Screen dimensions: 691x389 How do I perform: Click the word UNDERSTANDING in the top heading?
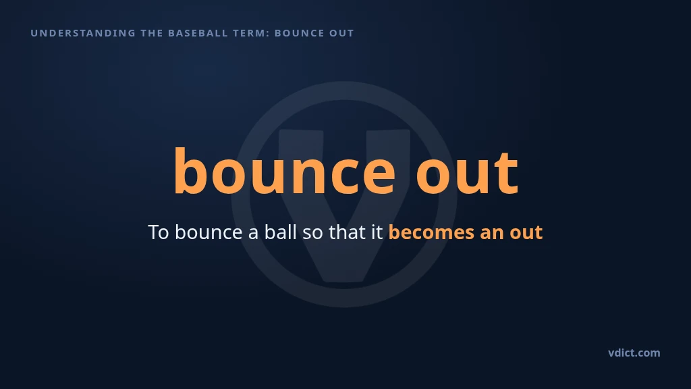point(83,33)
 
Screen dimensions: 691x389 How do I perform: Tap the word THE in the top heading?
point(152,33)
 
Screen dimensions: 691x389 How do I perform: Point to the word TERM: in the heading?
point(256,33)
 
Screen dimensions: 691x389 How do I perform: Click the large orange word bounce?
point(284,170)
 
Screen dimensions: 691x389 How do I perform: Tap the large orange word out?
point(467,172)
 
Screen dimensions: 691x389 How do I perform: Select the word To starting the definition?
point(158,232)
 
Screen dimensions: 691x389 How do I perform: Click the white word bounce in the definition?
point(209,232)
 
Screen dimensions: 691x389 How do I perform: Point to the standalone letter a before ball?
point(253,234)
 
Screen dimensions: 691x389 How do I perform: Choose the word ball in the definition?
point(280,232)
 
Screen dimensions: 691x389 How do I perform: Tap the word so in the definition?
point(312,234)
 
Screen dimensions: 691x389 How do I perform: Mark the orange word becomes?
point(431,232)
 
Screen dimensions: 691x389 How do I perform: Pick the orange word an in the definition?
point(492,234)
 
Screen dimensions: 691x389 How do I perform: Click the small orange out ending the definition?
point(526,233)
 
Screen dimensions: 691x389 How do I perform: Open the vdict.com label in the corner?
point(634,353)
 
